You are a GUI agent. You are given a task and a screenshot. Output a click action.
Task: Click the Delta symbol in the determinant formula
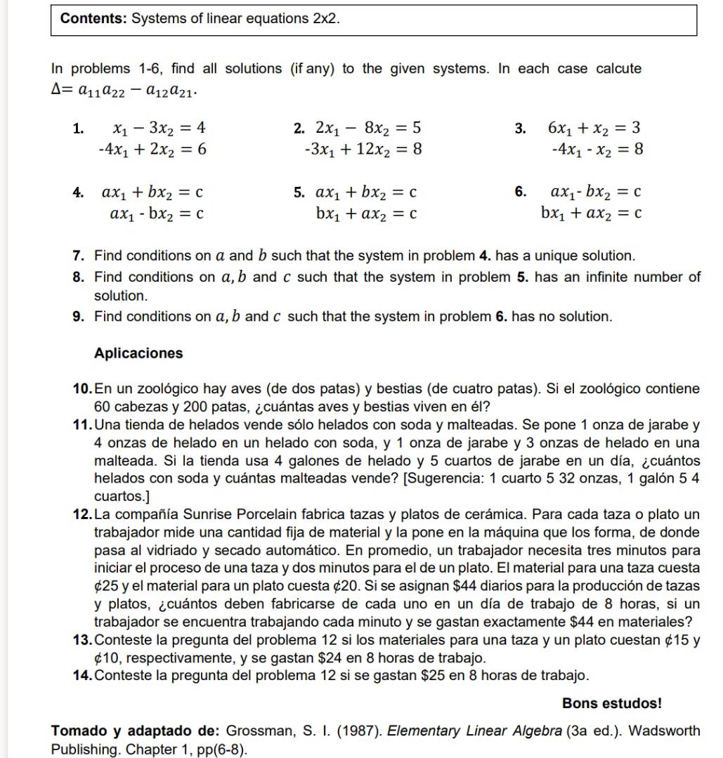(57, 91)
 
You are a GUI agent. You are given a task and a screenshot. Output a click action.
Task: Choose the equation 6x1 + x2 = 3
(594, 128)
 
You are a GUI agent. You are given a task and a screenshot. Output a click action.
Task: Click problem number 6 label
(519, 192)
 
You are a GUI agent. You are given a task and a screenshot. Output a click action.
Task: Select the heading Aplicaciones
(138, 353)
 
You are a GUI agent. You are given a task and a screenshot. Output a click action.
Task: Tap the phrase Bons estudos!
(611, 703)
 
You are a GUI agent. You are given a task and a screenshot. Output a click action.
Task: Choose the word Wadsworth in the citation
(665, 731)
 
